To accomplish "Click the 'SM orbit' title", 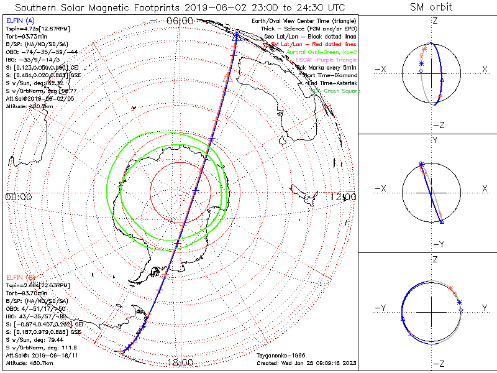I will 431,7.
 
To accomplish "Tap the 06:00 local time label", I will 180,21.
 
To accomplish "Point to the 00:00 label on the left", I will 19,197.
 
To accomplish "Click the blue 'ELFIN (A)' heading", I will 21,21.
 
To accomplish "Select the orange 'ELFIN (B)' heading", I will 21,276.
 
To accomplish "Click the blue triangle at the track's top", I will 235,36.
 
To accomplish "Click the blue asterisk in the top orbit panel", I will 421,64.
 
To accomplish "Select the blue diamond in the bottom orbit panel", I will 460,310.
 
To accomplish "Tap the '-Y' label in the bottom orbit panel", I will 382,308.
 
